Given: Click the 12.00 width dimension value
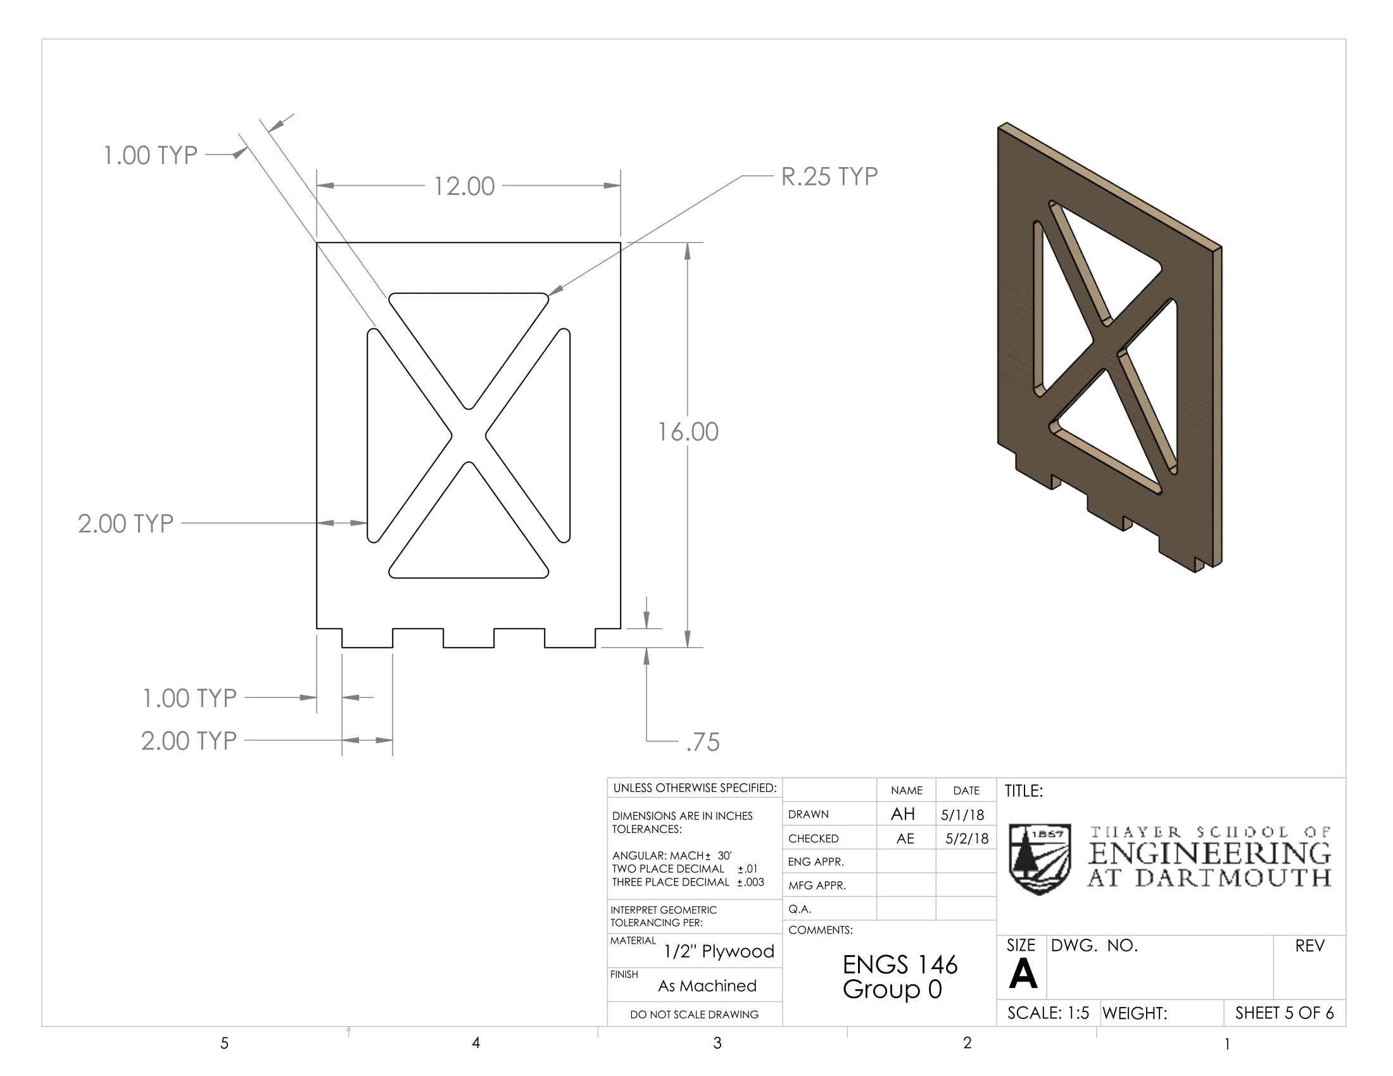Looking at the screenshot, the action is pos(464,186).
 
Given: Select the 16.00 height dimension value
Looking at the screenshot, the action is pos(688,432).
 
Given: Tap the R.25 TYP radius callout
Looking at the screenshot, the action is pos(830,177).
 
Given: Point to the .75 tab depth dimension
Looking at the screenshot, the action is pos(703,742).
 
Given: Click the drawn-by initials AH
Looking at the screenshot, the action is pos(903,814).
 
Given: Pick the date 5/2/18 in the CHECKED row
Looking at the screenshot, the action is pos(967,838).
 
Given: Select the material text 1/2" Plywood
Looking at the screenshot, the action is pos(719,951).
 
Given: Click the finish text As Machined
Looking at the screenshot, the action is pos(707,985).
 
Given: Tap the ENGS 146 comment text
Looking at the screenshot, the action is pos(900,965).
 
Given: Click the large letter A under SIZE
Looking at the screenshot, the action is pos(1023,974).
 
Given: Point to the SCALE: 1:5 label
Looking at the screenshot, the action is pos(1048,1013).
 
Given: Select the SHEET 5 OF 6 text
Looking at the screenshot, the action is pos(1285,1013).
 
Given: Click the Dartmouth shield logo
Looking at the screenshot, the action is pos(1040,859).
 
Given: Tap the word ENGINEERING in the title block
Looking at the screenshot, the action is pos(1209,853).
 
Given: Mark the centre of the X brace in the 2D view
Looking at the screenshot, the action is pos(469,436).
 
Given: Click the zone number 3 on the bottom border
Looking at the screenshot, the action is pos(717,1043).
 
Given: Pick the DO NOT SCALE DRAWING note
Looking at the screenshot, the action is pos(694,1014).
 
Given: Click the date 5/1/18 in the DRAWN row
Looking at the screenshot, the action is pos(962,815).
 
